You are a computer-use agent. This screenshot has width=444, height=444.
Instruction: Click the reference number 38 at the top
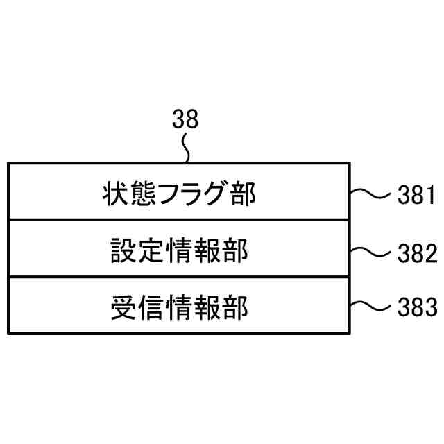(x=185, y=120)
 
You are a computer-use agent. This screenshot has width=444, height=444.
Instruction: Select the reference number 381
(x=416, y=196)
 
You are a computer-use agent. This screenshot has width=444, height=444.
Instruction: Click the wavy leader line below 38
(x=185, y=146)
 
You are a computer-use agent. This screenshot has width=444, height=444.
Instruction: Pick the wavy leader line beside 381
(x=373, y=195)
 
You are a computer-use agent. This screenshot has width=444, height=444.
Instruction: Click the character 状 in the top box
(x=115, y=195)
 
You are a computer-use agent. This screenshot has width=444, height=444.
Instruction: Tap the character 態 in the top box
(x=144, y=195)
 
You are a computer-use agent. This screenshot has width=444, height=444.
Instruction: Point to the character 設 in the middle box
(x=123, y=250)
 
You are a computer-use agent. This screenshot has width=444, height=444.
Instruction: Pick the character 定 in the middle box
(x=151, y=250)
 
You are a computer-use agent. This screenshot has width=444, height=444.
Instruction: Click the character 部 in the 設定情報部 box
(x=235, y=250)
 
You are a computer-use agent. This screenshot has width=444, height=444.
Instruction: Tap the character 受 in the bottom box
(x=123, y=306)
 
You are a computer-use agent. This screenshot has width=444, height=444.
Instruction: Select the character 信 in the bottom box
(x=151, y=306)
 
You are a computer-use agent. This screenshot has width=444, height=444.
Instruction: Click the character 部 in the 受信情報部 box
(x=235, y=306)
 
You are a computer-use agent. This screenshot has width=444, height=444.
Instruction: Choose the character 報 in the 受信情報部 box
(x=207, y=306)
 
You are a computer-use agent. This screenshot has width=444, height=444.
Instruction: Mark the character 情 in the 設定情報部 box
(x=179, y=250)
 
